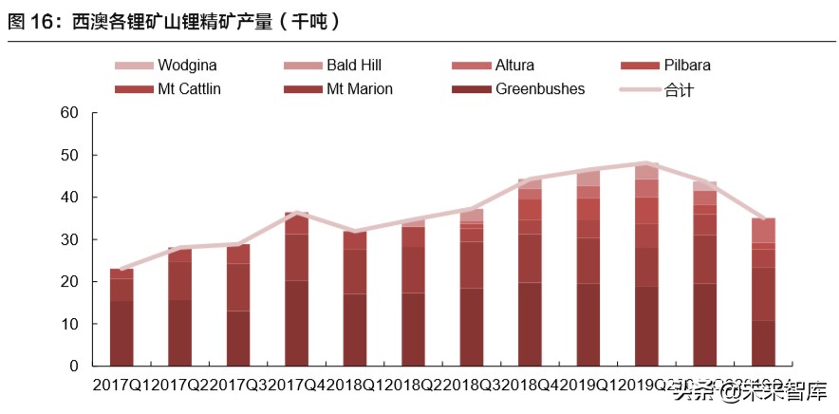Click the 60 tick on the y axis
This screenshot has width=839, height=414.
click(68, 113)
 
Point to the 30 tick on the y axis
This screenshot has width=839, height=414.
click(68, 239)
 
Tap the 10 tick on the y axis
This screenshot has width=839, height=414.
click(68, 324)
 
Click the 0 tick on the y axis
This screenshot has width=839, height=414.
click(73, 367)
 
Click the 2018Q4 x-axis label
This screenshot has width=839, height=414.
click(529, 386)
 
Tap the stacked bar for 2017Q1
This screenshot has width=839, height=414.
click(121, 317)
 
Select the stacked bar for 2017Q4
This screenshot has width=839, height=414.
click(296, 290)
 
